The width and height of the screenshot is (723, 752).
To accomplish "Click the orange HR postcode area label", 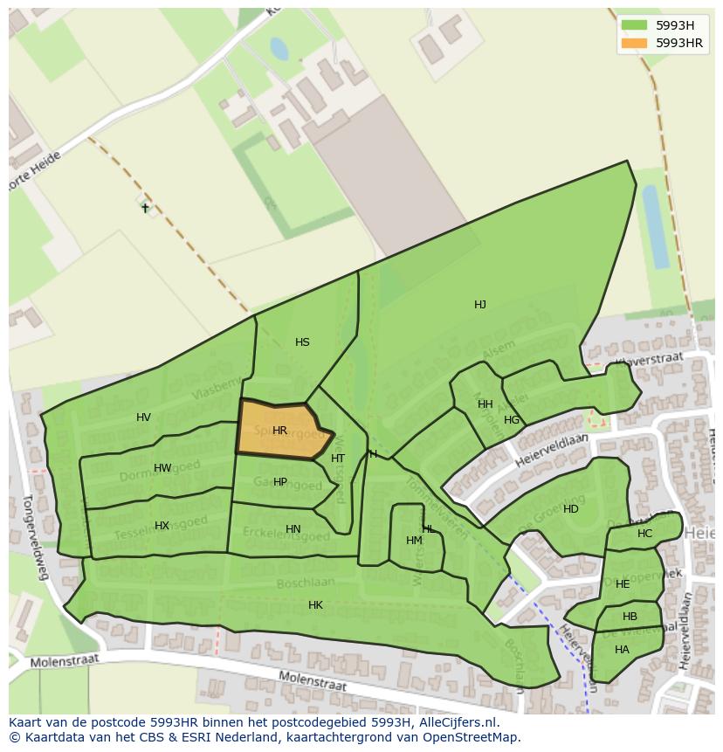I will pos(279,431).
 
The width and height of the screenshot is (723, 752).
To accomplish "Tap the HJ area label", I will pos(480,305).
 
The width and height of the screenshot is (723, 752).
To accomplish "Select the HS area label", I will pos(302,342).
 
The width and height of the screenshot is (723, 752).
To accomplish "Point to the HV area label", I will pos(143,417).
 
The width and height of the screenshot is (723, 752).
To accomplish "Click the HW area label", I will pos(162,468).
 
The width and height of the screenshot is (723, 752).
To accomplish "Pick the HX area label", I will pos(162,526).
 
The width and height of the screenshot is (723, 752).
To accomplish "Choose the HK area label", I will pos(315,605).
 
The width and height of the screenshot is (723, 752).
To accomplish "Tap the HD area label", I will pos(570,509).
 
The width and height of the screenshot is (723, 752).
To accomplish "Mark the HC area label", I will pos(644,534).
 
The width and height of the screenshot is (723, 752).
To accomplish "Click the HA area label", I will pos(622,650).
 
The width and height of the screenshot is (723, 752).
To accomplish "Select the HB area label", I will pos(630,617).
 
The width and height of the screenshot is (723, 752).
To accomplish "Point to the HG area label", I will pos(512,420).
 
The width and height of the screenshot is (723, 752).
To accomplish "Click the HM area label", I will pos(414,541).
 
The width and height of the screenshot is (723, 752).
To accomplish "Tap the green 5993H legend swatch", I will pos(634,24).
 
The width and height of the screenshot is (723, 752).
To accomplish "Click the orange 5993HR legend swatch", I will pos(634,43).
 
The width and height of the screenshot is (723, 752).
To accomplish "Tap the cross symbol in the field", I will pos(145,208).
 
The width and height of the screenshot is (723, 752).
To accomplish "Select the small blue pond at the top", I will pos(279,48).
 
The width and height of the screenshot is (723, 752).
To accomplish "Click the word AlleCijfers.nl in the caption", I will pos(458,722).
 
